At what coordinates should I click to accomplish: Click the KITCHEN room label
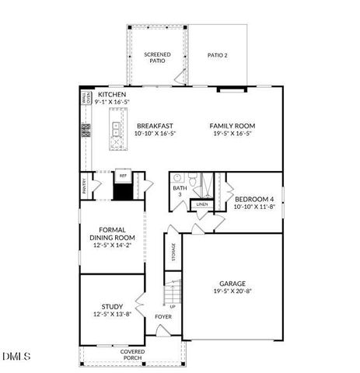tap(111, 95)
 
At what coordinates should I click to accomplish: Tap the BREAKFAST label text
tap(155, 125)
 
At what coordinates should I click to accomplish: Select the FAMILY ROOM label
tap(232, 125)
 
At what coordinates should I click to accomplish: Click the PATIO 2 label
tap(218, 55)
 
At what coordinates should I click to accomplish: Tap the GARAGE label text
tap(232, 284)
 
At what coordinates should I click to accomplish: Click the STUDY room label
tap(113, 306)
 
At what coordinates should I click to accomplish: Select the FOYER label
tap(163, 317)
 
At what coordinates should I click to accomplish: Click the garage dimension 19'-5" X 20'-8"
tap(232, 291)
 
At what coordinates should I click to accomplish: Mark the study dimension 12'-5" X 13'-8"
tap(113, 314)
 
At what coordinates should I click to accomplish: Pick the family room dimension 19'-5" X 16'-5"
tap(232, 133)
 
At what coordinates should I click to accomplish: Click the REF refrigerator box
tap(121, 176)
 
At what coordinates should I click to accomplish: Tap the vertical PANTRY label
tap(84, 186)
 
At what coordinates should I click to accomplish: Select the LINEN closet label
tap(202, 204)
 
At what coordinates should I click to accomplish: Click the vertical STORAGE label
tap(173, 253)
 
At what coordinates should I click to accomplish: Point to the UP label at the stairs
tap(172, 306)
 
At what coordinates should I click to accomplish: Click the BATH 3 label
tap(180, 190)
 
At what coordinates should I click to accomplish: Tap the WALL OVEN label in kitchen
tap(86, 97)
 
